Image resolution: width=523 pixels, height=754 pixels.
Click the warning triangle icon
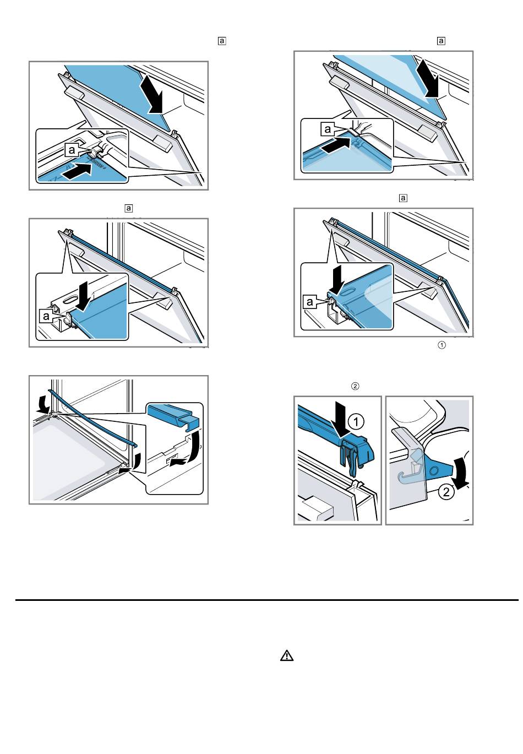287,655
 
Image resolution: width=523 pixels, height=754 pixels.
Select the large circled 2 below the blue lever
447,491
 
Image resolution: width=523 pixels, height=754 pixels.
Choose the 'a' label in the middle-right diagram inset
310,301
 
